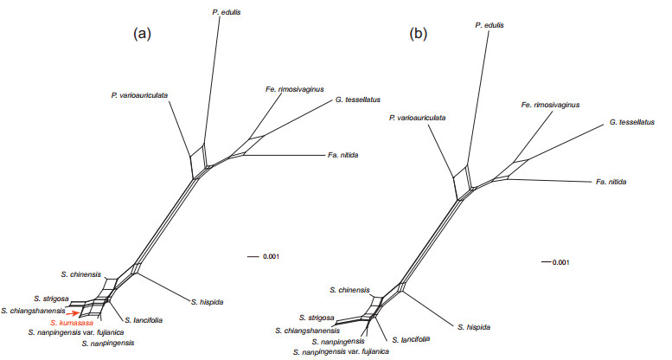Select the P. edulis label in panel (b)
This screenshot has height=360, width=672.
point(490,26)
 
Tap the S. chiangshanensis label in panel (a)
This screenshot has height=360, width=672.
point(33,310)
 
